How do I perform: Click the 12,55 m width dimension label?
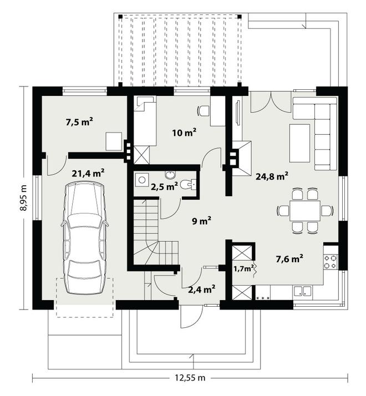click(190, 378)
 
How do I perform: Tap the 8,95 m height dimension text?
click(24, 198)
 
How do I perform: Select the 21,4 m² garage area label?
click(88, 173)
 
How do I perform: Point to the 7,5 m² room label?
click(79, 122)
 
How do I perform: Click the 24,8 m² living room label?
click(272, 176)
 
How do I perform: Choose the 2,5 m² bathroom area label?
click(165, 187)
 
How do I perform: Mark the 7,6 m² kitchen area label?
click(289, 258)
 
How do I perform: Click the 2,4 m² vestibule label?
click(201, 289)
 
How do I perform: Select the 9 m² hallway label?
click(201, 221)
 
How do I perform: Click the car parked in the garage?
click(84, 238)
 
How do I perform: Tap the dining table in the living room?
click(305, 211)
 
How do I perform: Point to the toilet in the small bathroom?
click(189, 184)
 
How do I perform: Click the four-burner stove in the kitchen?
click(331, 262)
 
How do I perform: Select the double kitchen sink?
click(303, 291)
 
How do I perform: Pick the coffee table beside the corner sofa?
click(299, 143)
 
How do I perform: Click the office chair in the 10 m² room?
click(203, 110)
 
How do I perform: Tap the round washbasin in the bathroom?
click(170, 175)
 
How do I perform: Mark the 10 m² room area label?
click(184, 133)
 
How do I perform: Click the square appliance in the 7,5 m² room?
click(114, 141)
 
